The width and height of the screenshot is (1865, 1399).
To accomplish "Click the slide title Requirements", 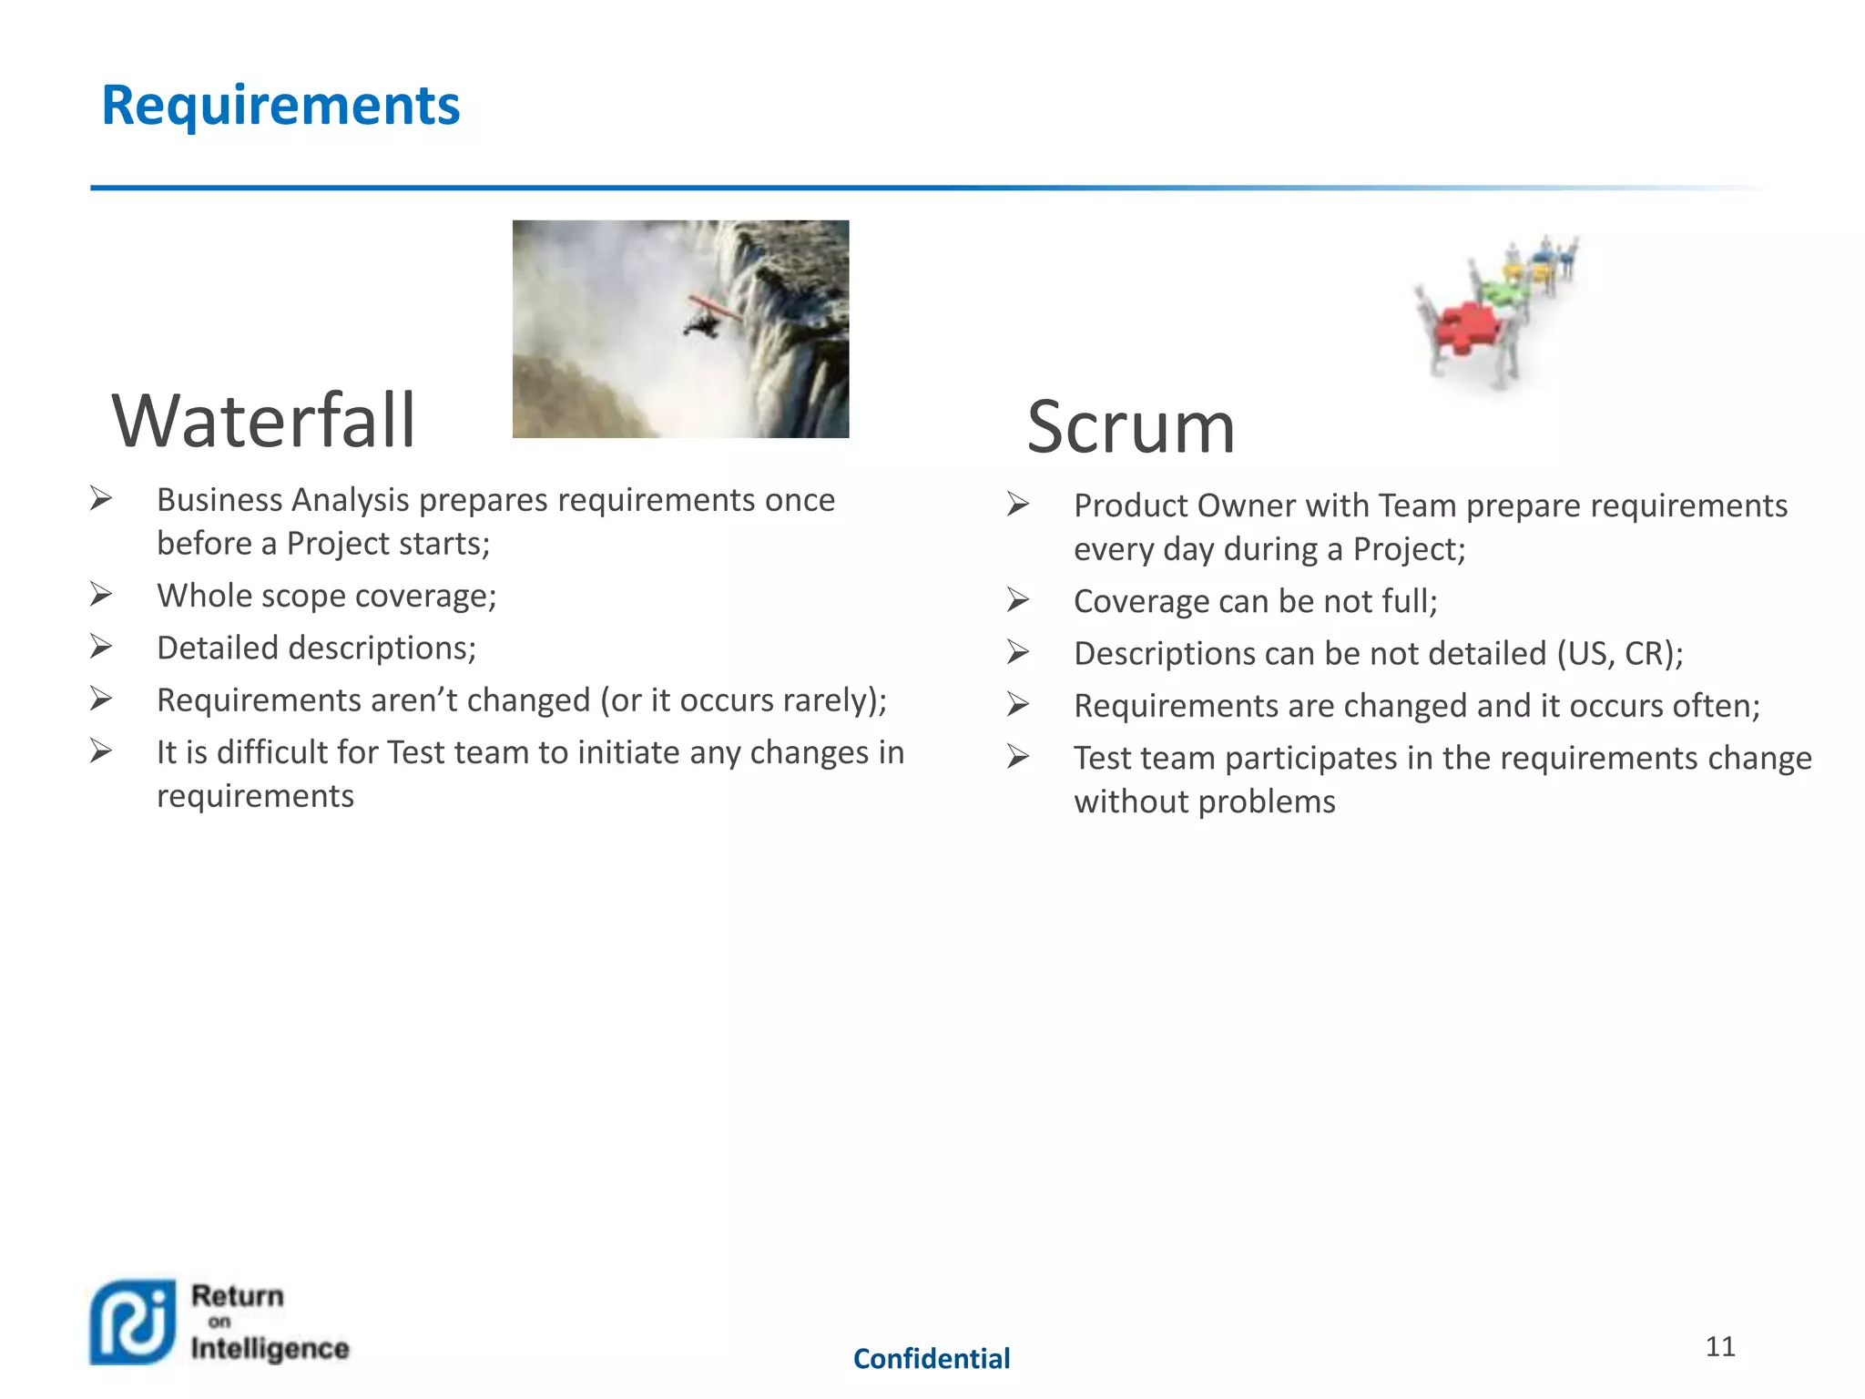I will click(x=280, y=106).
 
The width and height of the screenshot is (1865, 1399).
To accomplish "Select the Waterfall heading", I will click(x=263, y=421).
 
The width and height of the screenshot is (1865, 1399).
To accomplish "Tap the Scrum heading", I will click(x=1130, y=427).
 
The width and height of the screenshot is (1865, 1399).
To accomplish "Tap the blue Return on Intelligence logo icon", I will click(x=133, y=1322).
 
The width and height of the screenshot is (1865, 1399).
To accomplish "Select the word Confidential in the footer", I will click(x=931, y=1359).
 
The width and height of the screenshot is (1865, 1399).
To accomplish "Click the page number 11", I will click(x=1719, y=1346).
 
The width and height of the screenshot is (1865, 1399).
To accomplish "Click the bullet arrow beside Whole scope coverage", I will click(x=101, y=595).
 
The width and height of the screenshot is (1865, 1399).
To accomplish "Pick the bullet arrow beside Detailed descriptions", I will click(x=101, y=648).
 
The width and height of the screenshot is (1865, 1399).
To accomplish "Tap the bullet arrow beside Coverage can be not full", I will click(x=1018, y=600).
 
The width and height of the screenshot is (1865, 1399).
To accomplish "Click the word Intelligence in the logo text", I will click(x=270, y=1348).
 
